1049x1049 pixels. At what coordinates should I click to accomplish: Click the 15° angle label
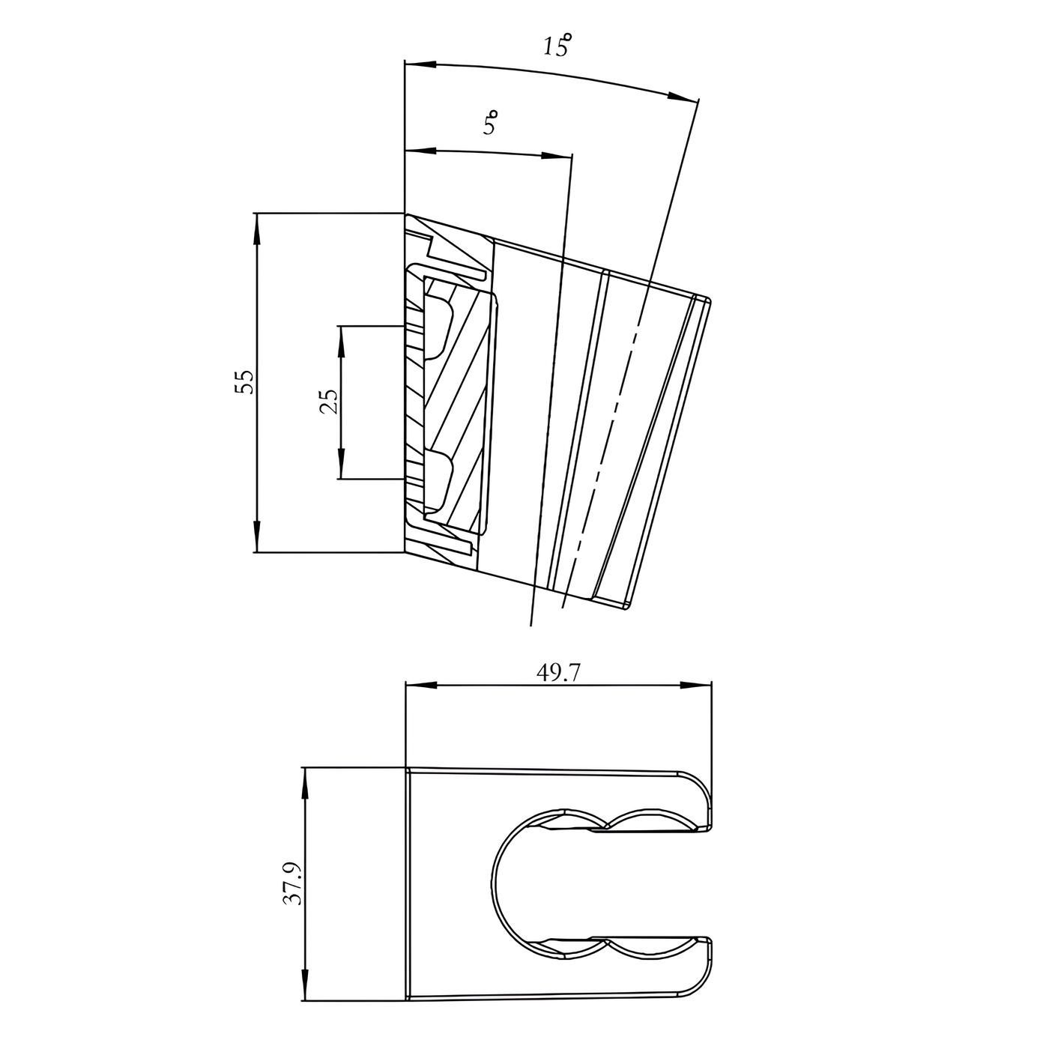557,45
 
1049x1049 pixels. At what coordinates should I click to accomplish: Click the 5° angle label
491,122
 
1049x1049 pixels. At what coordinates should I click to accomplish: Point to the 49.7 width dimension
558,674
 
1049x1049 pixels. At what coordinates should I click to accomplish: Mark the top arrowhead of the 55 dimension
256,229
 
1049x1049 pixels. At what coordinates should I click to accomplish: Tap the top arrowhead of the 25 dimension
341,342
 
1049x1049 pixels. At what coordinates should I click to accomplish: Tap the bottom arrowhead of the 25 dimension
341,463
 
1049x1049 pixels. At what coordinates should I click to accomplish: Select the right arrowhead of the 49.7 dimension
696,686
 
